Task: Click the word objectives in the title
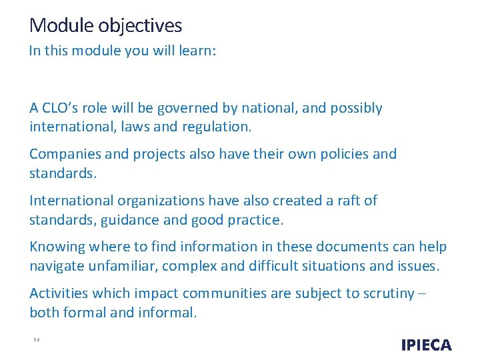click(140, 26)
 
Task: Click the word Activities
click(59, 293)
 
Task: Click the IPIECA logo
click(427, 345)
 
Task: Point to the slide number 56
click(37, 339)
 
